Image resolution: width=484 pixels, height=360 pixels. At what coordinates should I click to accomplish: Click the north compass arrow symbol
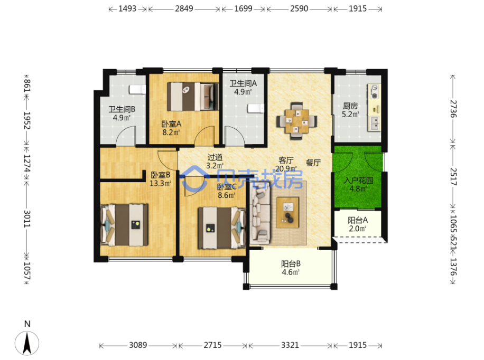[x=27, y=343]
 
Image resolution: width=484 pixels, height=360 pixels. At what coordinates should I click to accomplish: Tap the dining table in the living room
[x=296, y=121]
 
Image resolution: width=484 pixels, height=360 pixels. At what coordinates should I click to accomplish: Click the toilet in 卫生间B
[x=137, y=89]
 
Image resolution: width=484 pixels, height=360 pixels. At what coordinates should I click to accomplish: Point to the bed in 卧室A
[x=192, y=96]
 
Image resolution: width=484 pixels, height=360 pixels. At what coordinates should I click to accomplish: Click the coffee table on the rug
[x=287, y=213]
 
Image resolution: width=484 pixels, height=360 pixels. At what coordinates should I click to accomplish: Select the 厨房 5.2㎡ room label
[x=350, y=110]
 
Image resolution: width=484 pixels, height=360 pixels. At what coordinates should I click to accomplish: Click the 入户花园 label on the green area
[x=358, y=180]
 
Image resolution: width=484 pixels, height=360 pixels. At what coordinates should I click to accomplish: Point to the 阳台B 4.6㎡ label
[x=291, y=268]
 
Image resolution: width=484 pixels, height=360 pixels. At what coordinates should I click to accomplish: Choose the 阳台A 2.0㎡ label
[x=357, y=224]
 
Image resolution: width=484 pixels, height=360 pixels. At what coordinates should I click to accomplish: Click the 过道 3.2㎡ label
[x=215, y=162]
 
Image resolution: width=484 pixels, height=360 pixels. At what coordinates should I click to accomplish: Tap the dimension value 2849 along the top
[x=184, y=8]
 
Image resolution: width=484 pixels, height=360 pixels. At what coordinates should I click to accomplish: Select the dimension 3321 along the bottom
[x=290, y=345]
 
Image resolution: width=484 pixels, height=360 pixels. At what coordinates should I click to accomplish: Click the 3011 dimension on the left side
[x=27, y=219]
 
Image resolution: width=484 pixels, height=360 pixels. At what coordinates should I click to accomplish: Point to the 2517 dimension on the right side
[x=453, y=176]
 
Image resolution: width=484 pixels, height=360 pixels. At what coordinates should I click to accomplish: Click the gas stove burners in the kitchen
[x=375, y=92]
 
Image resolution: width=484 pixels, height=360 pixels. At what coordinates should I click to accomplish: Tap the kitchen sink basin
[x=375, y=123]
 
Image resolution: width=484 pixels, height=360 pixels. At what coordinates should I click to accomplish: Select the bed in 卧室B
[x=124, y=225]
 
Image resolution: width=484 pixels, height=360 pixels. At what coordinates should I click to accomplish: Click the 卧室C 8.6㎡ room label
[x=227, y=191]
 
